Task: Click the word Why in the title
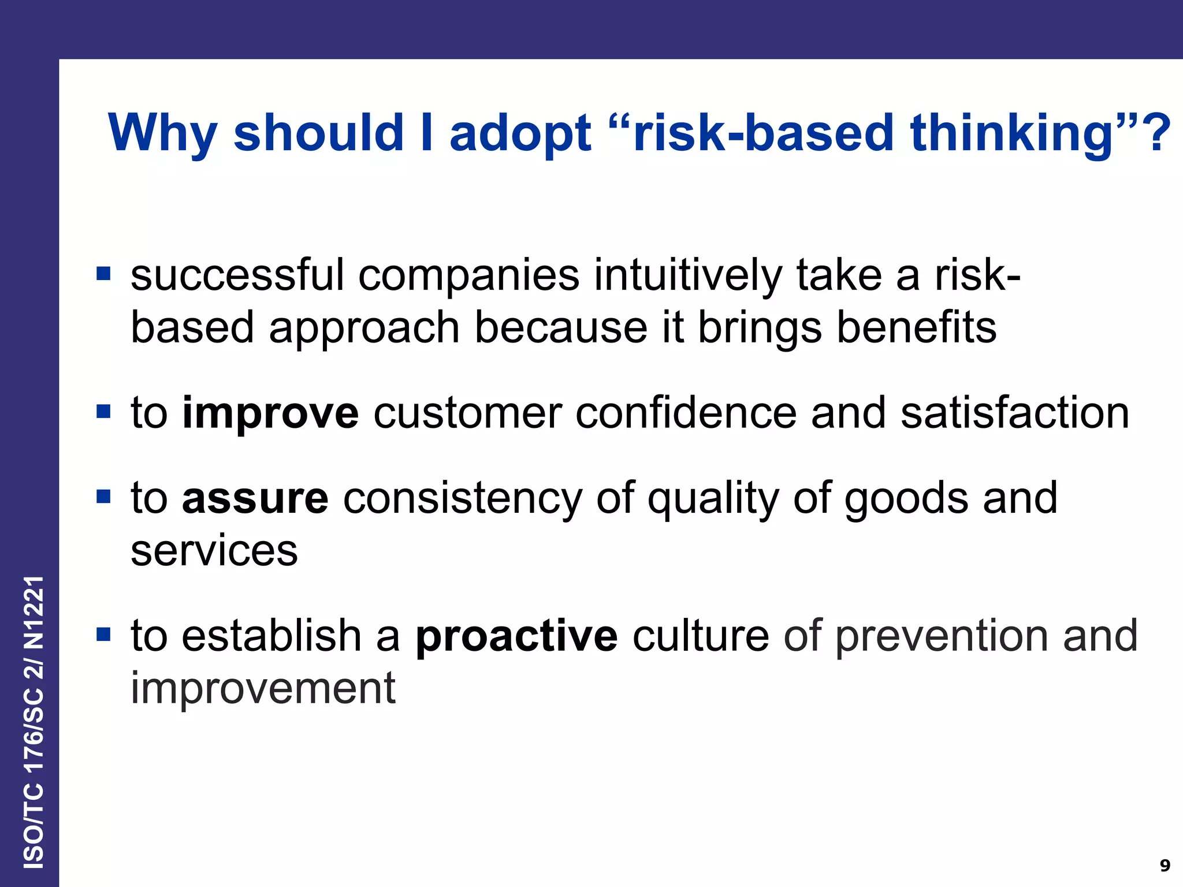pyautogui.click(x=162, y=133)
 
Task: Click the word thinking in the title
pyautogui.click(x=1011, y=133)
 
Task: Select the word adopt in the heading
pyautogui.click(x=520, y=133)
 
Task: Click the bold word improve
pyautogui.click(x=270, y=413)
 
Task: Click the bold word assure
pyautogui.click(x=255, y=498)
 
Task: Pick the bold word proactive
pyautogui.click(x=516, y=636)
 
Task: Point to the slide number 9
pyautogui.click(x=1165, y=865)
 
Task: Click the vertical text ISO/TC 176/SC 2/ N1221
pyautogui.click(x=34, y=722)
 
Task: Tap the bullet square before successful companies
pyautogui.click(x=103, y=273)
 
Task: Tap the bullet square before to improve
pyautogui.click(x=103, y=412)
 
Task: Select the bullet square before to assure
pyautogui.click(x=103, y=497)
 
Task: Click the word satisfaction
pyautogui.click(x=1014, y=413)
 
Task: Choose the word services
pyautogui.click(x=214, y=551)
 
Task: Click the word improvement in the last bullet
pyautogui.click(x=263, y=688)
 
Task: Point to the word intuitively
pyautogui.click(x=687, y=275)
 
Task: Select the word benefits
pyautogui.click(x=916, y=327)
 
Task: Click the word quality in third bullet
pyautogui.click(x=713, y=498)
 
